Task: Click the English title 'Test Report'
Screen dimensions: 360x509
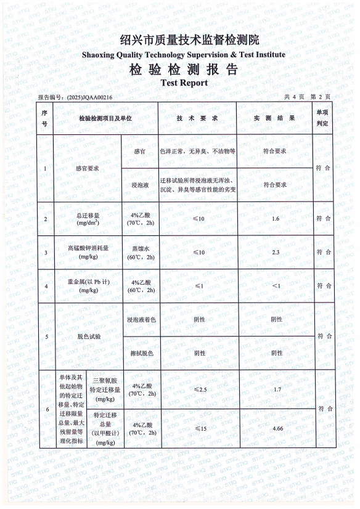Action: (184, 83)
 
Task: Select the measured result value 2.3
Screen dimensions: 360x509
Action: (276, 252)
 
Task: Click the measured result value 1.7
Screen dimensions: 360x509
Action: (276, 389)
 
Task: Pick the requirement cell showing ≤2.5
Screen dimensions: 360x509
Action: (198, 389)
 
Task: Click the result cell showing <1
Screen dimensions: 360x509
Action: (276, 286)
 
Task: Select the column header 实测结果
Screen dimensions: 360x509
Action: (276, 118)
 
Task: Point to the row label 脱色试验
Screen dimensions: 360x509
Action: (88, 336)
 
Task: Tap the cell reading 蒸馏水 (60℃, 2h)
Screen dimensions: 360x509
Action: (139, 252)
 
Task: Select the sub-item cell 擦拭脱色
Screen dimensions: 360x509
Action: (140, 353)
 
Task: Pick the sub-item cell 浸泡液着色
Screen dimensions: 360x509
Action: (140, 320)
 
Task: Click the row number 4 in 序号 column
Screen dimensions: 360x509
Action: (46, 286)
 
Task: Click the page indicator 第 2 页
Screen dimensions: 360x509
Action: (320, 97)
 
